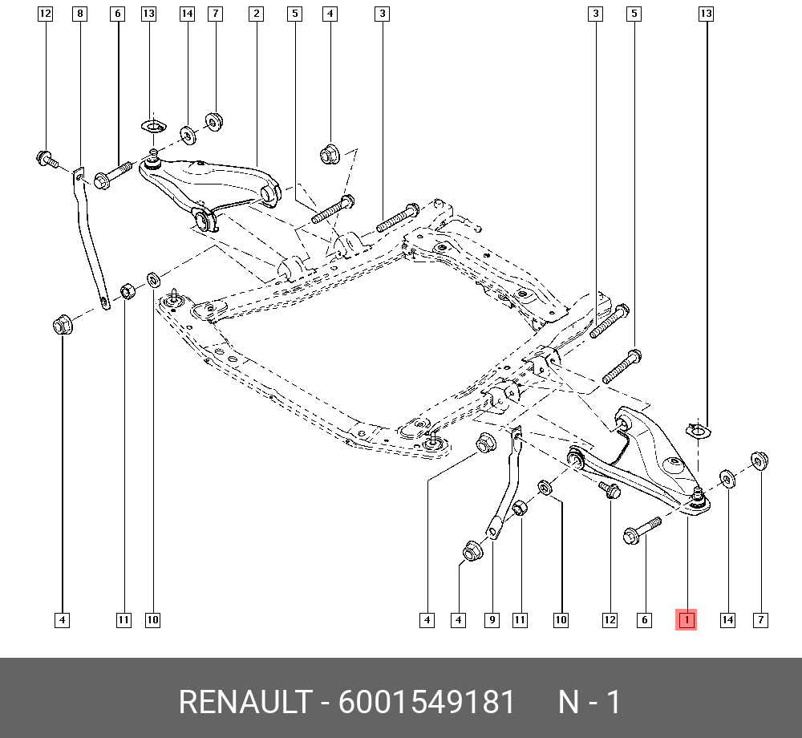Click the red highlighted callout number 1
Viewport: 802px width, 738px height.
(686, 620)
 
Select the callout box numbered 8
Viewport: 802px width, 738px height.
(79, 14)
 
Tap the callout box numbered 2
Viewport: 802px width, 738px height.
(257, 14)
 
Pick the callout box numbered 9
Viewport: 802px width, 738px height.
(492, 620)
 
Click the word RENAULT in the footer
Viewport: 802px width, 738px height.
(245, 702)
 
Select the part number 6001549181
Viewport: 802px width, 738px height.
(427, 702)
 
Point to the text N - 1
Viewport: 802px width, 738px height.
(589, 702)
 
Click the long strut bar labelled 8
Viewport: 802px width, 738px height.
(91, 237)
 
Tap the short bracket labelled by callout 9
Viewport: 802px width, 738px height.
(505, 481)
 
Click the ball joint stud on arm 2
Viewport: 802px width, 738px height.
(152, 157)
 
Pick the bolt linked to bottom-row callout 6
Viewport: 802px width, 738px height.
(642, 530)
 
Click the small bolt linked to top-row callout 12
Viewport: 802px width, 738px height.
(47, 159)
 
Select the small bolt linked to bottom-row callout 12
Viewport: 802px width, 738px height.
(610, 489)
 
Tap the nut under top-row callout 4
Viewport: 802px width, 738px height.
(330, 154)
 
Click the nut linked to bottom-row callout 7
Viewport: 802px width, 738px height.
(759, 460)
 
